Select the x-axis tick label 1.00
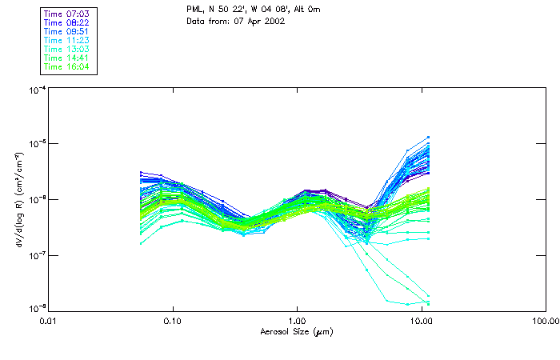point(297,322)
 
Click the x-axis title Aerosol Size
point(296,331)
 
